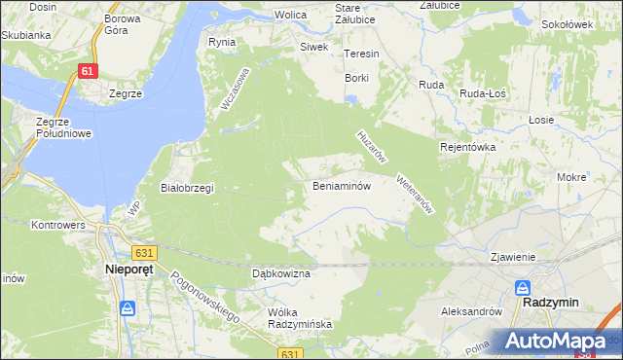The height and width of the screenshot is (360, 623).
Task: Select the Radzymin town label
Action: tap(550, 302)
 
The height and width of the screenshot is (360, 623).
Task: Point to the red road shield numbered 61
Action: tap(88, 71)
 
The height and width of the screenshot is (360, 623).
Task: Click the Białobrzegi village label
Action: tap(186, 188)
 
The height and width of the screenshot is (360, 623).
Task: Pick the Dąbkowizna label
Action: tap(280, 274)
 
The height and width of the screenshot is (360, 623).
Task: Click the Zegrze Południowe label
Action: tap(62, 127)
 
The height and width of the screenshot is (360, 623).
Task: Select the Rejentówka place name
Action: tap(468, 147)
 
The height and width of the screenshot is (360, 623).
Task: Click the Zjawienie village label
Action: tap(514, 257)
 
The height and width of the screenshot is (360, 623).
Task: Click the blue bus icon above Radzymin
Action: tap(523, 288)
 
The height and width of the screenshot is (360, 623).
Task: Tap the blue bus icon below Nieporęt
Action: tap(127, 307)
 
